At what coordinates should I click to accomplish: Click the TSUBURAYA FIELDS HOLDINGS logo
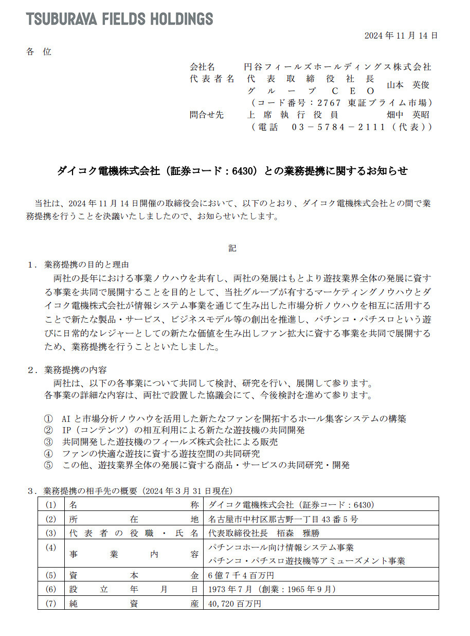click(x=119, y=19)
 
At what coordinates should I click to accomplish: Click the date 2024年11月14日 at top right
click(x=401, y=36)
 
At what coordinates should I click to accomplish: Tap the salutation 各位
click(x=39, y=51)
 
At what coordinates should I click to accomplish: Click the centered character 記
click(x=232, y=248)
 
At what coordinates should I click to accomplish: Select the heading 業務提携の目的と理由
click(x=86, y=264)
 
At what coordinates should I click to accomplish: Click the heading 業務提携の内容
click(x=76, y=369)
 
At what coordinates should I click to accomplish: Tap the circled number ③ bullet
click(x=48, y=441)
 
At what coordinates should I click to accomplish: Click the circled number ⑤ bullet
click(x=48, y=465)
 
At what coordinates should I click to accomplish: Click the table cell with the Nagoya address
click(x=283, y=519)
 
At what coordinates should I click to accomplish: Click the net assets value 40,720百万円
click(x=235, y=603)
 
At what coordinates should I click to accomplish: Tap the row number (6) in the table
click(x=50, y=589)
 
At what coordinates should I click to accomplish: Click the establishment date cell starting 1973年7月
click(x=272, y=589)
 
